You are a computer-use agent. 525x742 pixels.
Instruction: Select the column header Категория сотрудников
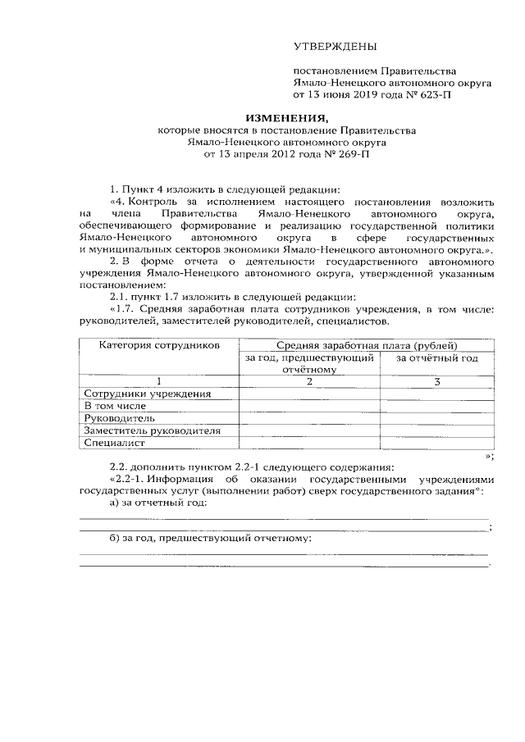(x=160, y=346)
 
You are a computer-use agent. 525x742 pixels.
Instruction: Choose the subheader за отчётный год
(x=436, y=357)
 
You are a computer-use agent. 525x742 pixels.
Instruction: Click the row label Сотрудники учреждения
(x=148, y=393)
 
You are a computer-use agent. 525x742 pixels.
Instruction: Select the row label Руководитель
(x=120, y=417)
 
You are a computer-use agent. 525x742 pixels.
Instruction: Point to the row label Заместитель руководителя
(x=152, y=430)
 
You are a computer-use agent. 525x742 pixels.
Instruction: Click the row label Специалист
(x=115, y=443)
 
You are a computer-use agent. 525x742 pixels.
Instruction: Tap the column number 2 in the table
(x=310, y=381)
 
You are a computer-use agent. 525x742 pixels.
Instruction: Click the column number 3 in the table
(x=437, y=381)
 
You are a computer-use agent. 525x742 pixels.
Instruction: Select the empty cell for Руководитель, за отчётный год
(x=437, y=417)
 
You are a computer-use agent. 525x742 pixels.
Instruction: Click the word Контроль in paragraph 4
(x=150, y=201)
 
